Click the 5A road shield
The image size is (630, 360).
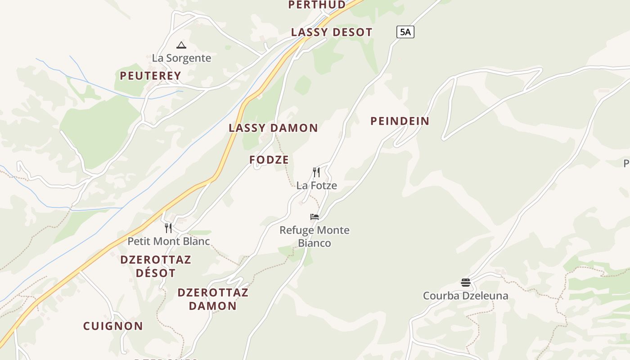405,32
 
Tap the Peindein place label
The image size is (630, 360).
400,121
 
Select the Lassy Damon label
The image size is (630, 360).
273,128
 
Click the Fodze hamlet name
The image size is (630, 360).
269,160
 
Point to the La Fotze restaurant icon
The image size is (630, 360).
316,172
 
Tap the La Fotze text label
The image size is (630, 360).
316,185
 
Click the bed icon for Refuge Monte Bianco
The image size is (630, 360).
315,217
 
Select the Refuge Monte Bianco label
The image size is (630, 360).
315,237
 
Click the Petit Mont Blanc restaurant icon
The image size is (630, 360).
168,228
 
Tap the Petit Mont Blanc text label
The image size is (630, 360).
169,241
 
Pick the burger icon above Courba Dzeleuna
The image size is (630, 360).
466,283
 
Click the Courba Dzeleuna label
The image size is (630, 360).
466,296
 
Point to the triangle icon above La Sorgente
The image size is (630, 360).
181,45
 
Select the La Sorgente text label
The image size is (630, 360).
181,58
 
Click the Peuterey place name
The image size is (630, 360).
150,76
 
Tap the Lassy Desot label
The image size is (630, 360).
332,32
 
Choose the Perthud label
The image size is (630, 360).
317,5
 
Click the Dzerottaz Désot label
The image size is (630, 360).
156,266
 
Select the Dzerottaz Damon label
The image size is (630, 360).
213,299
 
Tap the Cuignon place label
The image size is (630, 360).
113,326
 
